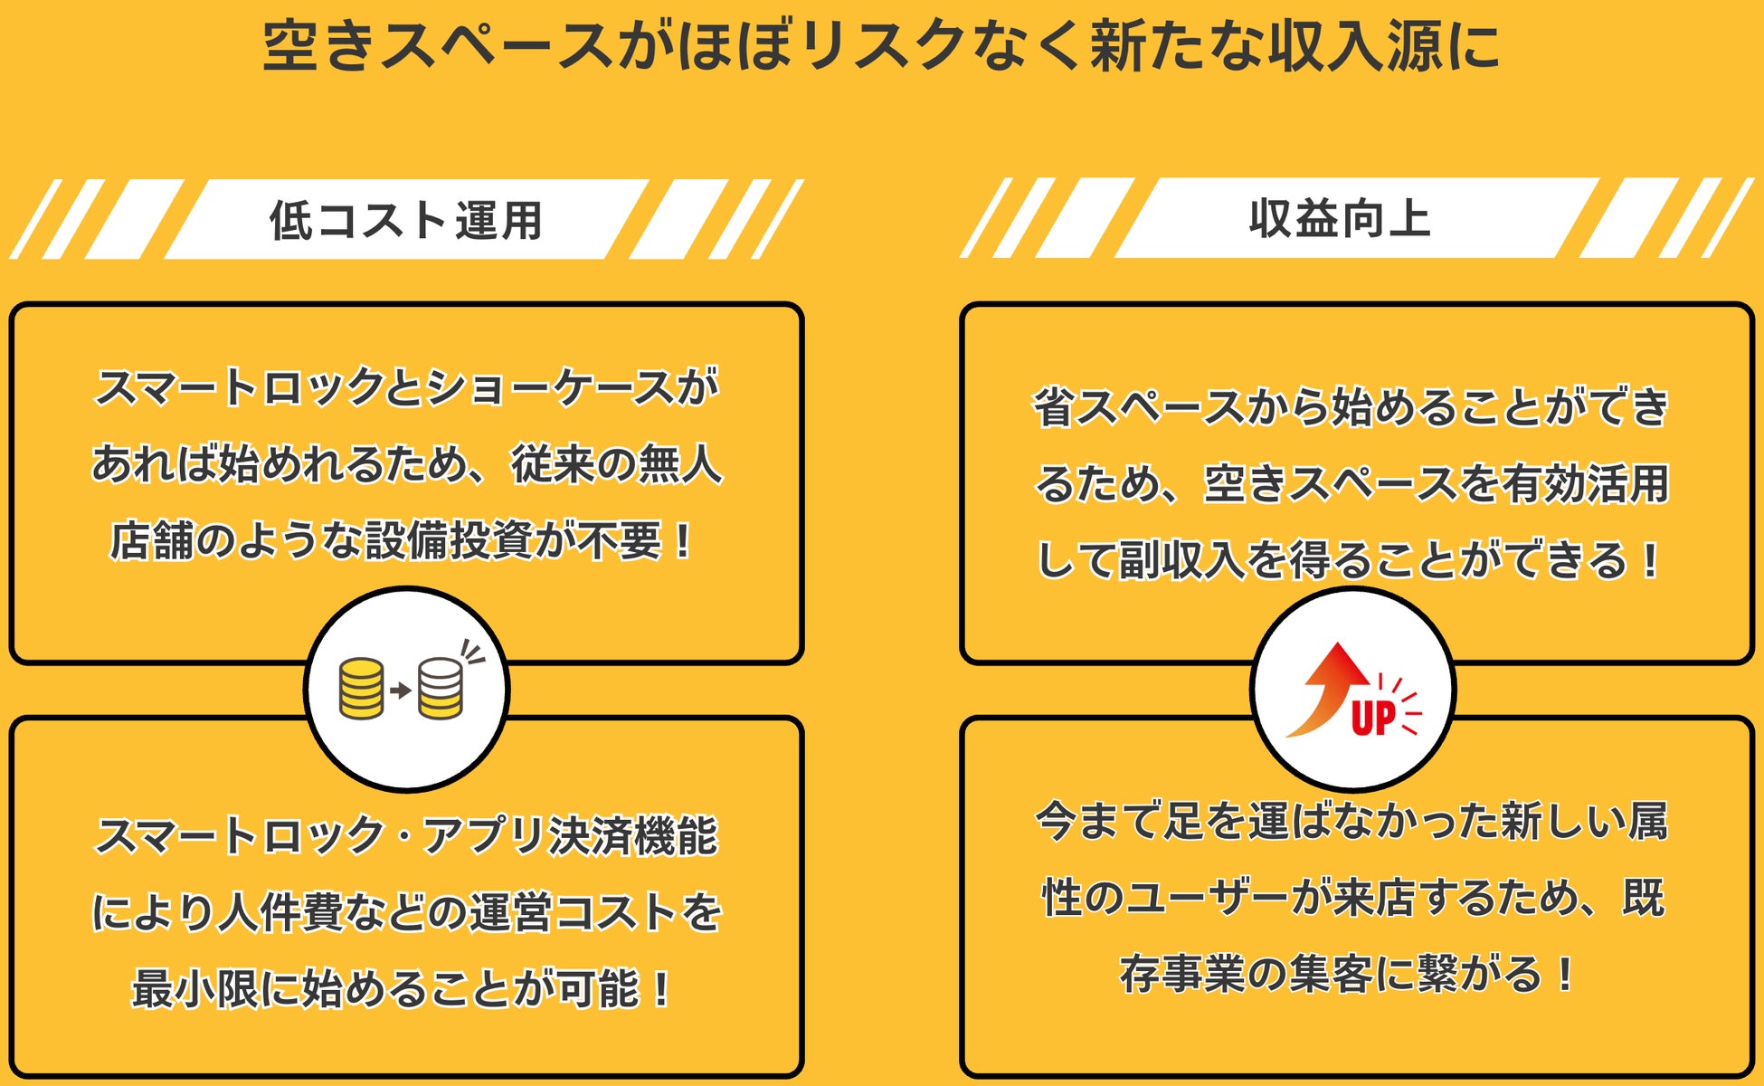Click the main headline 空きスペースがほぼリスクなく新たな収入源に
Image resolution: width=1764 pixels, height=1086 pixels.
point(882,45)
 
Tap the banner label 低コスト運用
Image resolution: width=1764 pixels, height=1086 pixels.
point(406,221)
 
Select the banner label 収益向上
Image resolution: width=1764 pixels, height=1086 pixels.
point(1340,219)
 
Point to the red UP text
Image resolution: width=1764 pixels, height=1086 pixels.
point(1373,719)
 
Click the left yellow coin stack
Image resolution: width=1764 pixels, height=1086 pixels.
point(361,690)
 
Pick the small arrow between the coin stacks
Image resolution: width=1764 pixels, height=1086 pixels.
point(400,691)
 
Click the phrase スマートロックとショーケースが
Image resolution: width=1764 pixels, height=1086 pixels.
point(406,387)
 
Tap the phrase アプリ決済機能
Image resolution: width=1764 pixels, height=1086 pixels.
point(571,834)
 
